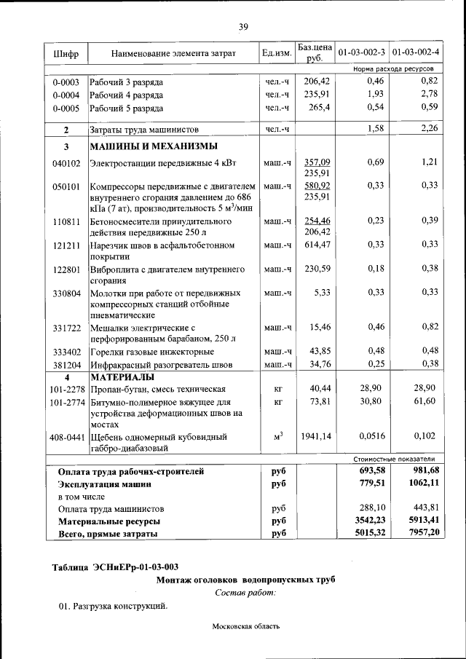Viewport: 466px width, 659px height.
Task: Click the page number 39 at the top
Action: (x=243, y=27)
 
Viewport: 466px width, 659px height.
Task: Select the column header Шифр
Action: (x=66, y=54)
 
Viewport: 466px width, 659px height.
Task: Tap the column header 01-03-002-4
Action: (x=416, y=53)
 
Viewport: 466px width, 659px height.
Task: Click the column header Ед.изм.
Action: (x=277, y=54)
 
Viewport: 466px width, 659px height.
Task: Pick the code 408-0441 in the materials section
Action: (x=66, y=437)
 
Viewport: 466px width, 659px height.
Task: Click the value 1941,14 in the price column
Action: (x=315, y=437)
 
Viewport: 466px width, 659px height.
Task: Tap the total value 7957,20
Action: (x=421, y=534)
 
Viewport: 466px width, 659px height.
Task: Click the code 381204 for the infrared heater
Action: (x=66, y=363)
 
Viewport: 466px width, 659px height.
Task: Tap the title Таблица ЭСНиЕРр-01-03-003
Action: (x=115, y=567)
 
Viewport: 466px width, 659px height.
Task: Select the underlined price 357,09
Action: (x=317, y=162)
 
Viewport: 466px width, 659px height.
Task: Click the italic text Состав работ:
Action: (x=245, y=593)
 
